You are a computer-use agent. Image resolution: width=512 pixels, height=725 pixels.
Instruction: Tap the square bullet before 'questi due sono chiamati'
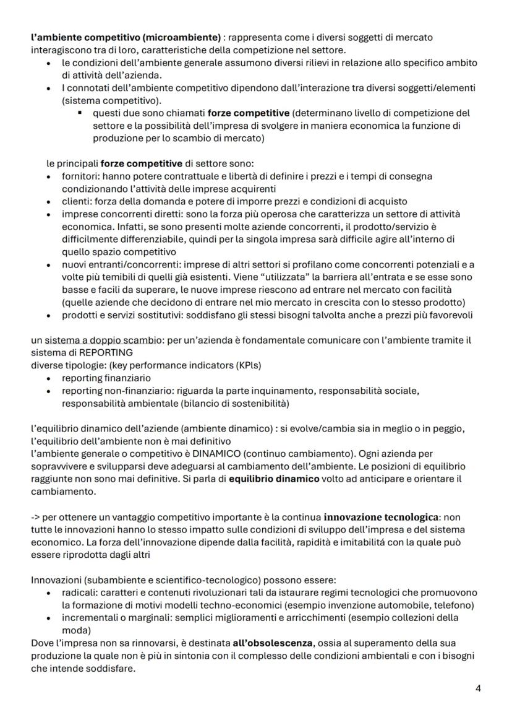click(80, 113)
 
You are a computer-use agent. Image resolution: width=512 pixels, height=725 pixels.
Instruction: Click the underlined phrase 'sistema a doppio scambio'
click(98, 341)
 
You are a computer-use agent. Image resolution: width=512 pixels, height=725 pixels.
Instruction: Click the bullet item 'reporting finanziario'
click(106, 378)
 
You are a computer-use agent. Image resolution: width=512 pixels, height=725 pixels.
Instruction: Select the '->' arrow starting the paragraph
click(36, 517)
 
